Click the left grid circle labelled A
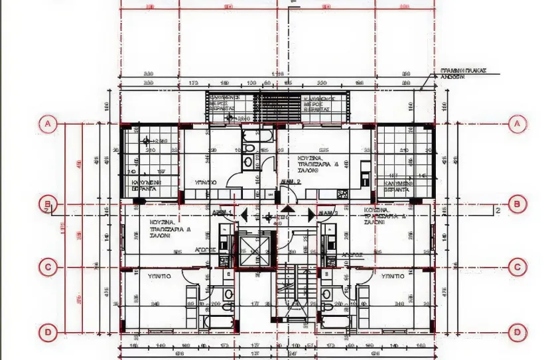coord(47,123)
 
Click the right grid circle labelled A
coord(517,123)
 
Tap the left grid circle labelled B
coord(47,204)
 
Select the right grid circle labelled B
coord(517,204)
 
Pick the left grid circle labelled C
coord(47,267)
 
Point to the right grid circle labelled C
coord(517,267)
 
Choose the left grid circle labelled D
coord(47,331)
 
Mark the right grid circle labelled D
coord(517,331)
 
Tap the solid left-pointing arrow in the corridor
coord(243,215)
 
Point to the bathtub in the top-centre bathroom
coord(253,137)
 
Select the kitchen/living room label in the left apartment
coord(163,229)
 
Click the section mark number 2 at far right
coord(496,211)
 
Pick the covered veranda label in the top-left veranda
coord(145,185)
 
